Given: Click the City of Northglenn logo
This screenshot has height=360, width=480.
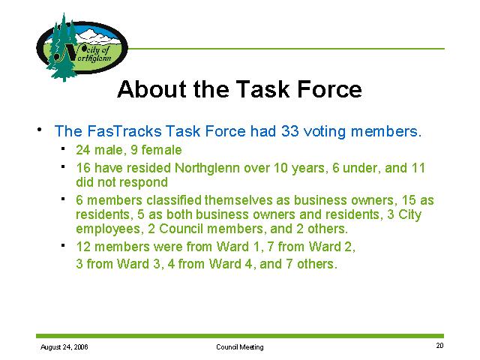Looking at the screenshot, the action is click(82, 47).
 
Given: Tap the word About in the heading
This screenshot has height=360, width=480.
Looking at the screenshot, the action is click(151, 89).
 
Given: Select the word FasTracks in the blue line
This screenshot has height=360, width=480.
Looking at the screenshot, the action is click(124, 131).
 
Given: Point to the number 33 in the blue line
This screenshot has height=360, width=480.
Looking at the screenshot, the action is click(290, 131).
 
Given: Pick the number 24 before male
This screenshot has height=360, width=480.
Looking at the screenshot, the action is click(83, 150).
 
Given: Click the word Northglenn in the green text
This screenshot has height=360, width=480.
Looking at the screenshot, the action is click(207, 168).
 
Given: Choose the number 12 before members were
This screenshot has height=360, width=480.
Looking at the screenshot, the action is click(83, 247).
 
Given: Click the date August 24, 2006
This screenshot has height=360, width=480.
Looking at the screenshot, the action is click(64, 346).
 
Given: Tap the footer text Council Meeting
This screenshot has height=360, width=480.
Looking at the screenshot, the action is click(240, 346).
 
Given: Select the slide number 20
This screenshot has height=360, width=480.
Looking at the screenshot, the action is click(439, 346).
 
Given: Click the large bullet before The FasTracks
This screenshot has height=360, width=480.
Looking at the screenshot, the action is click(40, 130).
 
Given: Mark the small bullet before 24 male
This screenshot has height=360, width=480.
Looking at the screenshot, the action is click(63, 148).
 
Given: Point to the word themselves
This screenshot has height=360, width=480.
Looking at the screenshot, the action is click(238, 200).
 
